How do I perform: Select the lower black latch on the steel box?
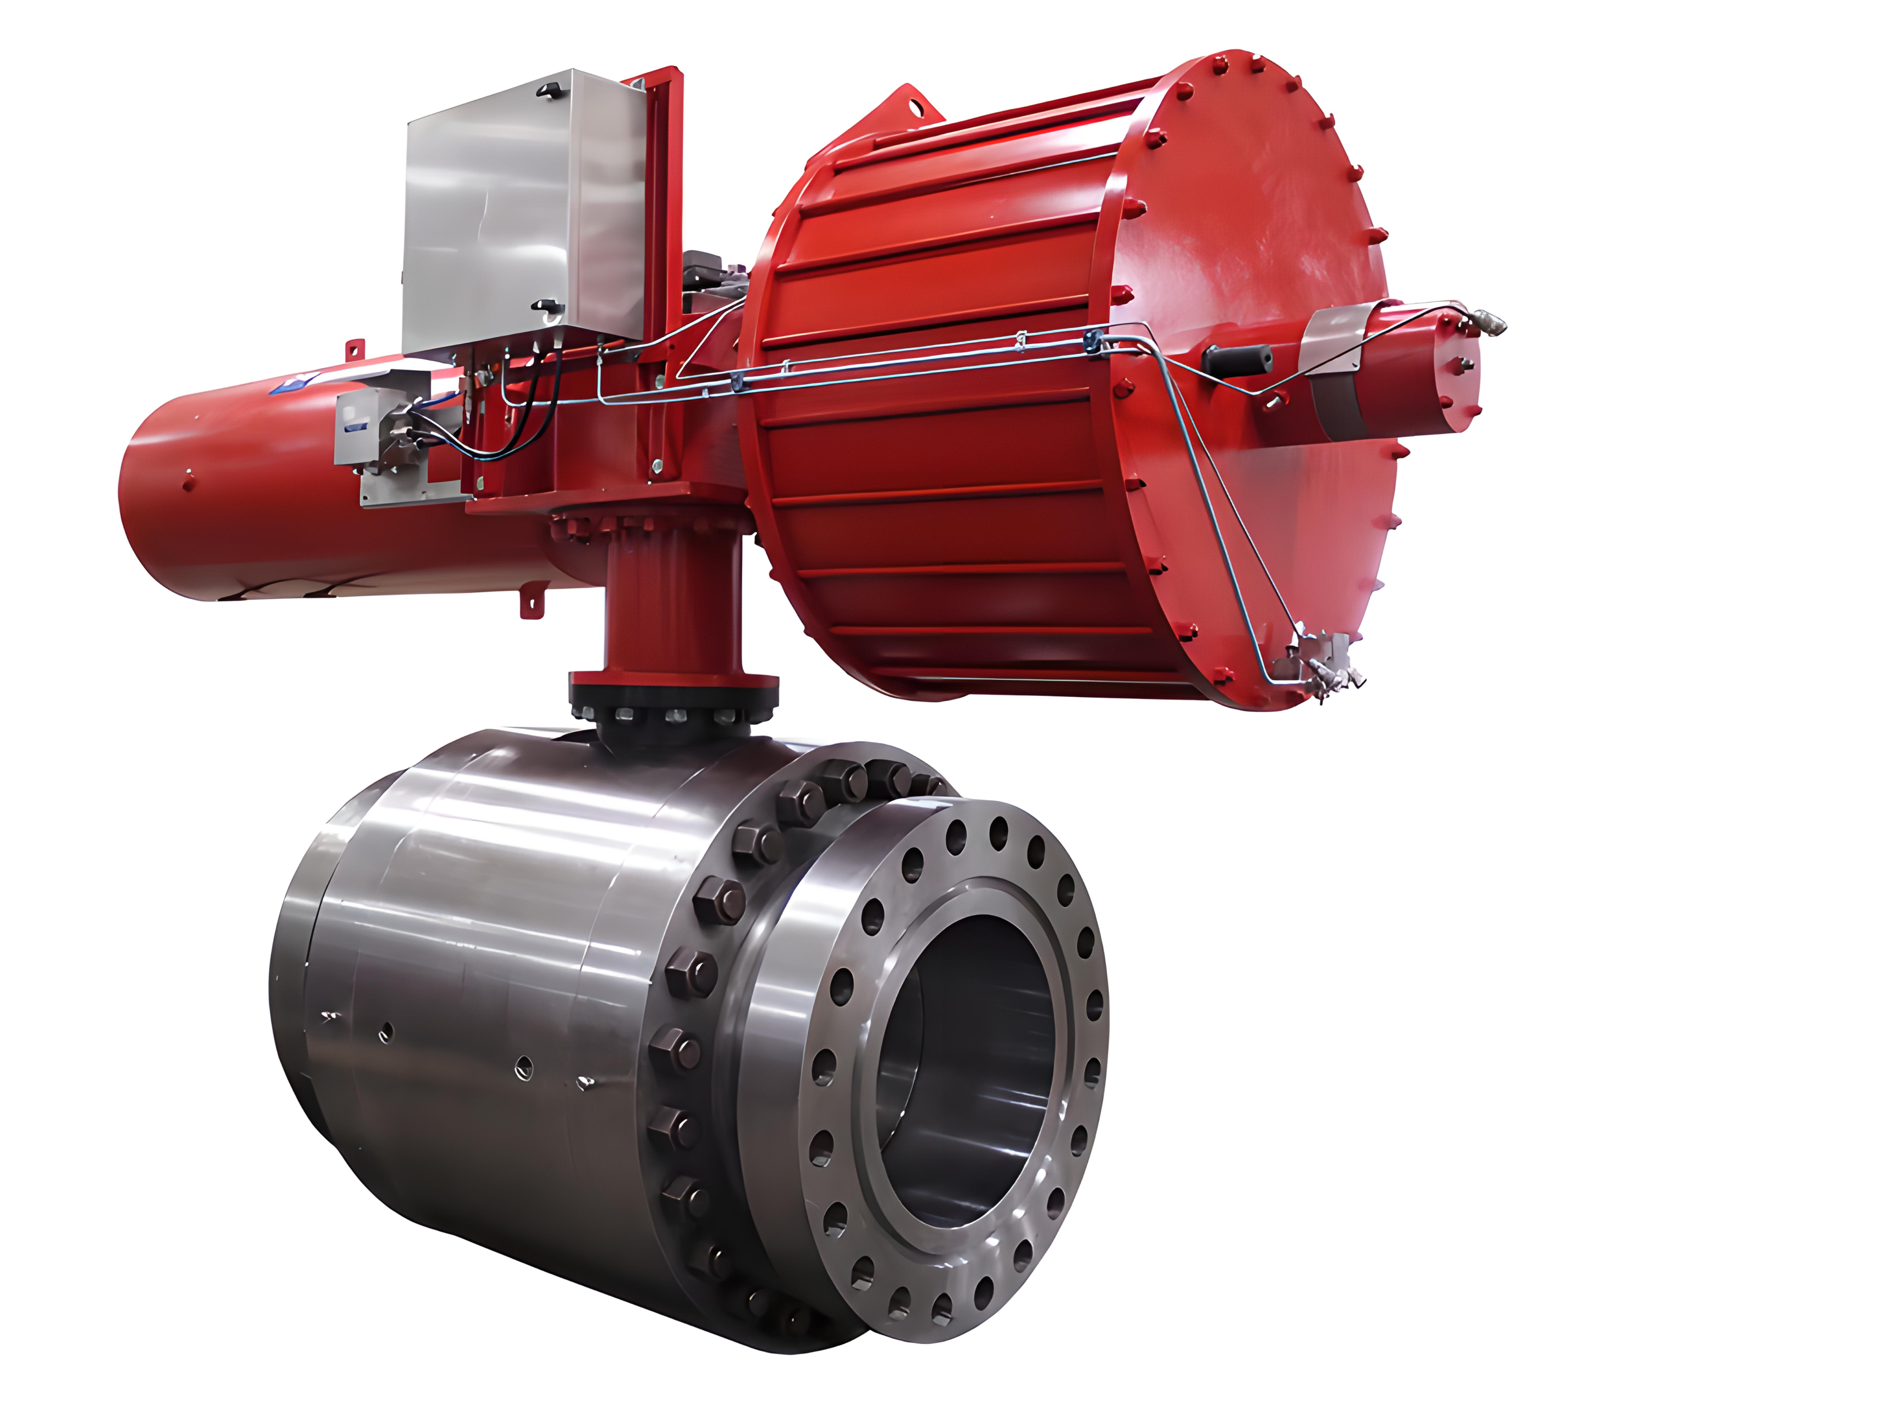coord(546,305)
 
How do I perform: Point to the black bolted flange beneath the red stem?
coord(674,712)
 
